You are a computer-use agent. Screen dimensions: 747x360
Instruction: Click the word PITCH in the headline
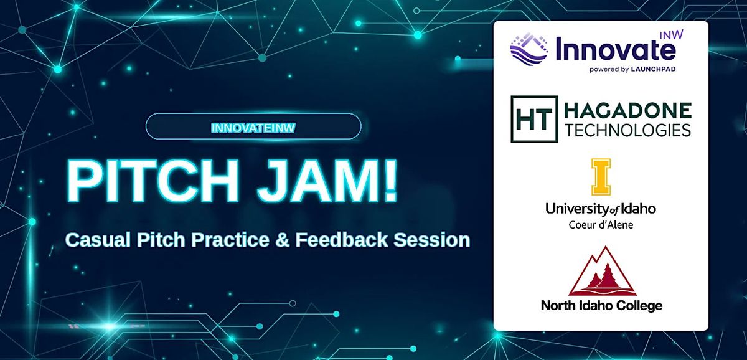coord(152,181)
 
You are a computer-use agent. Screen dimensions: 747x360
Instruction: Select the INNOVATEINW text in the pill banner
coord(253,128)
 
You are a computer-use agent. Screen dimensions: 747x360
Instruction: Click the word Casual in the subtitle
coord(98,240)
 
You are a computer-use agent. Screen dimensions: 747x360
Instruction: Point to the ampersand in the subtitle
coord(282,240)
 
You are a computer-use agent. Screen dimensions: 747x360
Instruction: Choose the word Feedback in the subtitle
coord(342,240)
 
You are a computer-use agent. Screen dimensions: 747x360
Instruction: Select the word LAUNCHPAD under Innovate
coord(653,69)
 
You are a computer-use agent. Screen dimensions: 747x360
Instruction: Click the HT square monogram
coord(534,119)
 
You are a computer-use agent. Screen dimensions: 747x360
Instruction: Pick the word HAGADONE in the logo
coord(627,111)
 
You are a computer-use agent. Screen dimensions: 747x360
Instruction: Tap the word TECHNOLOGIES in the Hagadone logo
coord(627,130)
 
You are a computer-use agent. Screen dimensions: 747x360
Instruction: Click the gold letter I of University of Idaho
coord(601,177)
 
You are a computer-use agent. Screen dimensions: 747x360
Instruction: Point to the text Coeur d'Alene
coord(601,225)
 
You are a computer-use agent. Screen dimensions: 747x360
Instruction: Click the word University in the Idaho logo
coord(576,209)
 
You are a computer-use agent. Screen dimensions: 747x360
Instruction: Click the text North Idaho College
coord(601,305)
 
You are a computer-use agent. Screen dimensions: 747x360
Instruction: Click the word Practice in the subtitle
coord(230,240)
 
